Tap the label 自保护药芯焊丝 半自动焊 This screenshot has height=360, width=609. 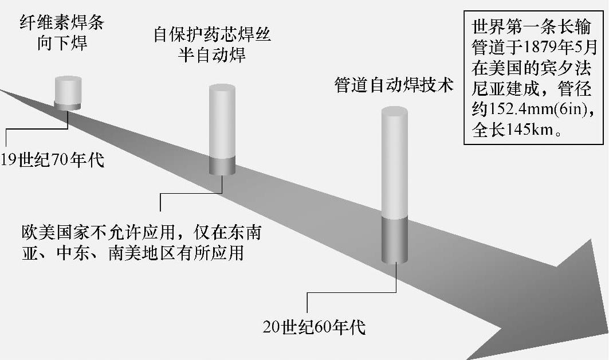212,45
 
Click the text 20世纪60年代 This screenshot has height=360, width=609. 314,327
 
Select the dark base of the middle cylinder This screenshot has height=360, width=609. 222,165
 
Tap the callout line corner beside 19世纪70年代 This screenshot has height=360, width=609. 6,129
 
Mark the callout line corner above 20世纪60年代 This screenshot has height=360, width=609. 308,293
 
